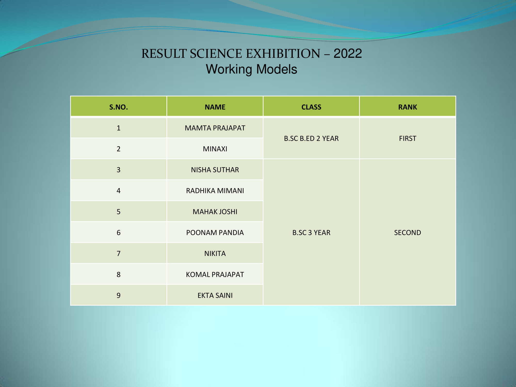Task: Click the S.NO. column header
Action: pos(118,107)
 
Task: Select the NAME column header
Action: pos(215,107)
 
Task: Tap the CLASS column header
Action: pos(311,107)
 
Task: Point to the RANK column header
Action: pos(408,107)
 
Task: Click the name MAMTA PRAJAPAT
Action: pos(215,128)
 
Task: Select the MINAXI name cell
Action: pos(215,149)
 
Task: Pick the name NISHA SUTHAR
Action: pos(215,170)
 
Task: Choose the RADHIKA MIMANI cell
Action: pos(215,191)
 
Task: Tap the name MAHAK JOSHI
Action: pos(215,212)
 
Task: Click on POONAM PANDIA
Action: pos(215,232)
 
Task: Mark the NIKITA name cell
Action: pos(215,253)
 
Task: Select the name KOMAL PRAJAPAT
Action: pos(215,275)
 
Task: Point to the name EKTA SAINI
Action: pos(215,295)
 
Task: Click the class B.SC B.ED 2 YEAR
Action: pos(311,139)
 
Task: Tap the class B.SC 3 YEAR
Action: pos(311,232)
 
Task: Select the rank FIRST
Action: pos(408,139)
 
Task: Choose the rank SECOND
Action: pos(408,232)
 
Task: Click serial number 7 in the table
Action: pos(118,253)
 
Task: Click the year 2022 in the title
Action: pos(348,53)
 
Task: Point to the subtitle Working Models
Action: pos(252,69)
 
